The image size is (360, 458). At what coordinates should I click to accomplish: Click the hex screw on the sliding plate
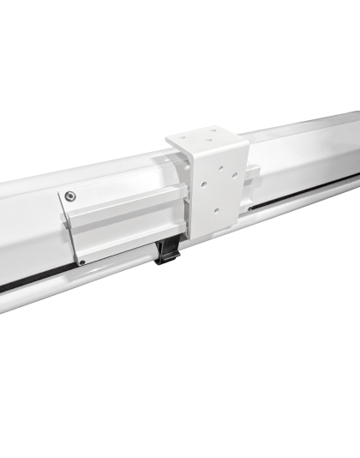[x=70, y=196]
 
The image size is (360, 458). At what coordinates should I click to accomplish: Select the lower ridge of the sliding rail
[x=129, y=227]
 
